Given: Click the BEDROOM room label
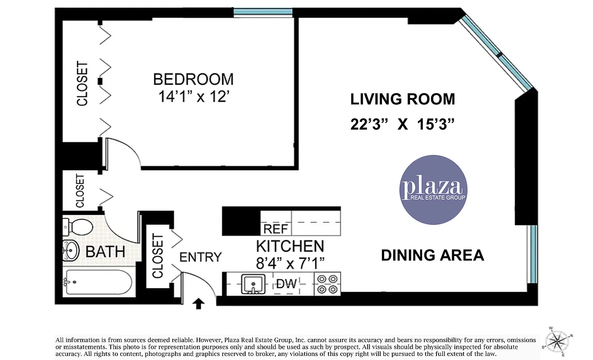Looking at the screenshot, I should click(193, 79).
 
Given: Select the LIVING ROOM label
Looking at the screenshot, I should click(402, 99).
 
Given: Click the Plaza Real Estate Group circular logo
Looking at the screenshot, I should click(433, 190).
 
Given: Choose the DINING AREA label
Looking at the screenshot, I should click(432, 255).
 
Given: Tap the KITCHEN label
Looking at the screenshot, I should click(290, 246).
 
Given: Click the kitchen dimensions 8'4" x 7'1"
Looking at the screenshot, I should click(290, 261).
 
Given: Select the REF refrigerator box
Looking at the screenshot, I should click(276, 229).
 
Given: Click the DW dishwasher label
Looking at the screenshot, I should click(286, 284).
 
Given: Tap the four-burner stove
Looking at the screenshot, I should click(327, 284).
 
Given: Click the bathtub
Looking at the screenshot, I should click(98, 282).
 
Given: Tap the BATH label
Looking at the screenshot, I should click(105, 252).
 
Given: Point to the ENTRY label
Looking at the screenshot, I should click(200, 257).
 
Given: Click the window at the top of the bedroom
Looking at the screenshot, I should click(263, 12).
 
